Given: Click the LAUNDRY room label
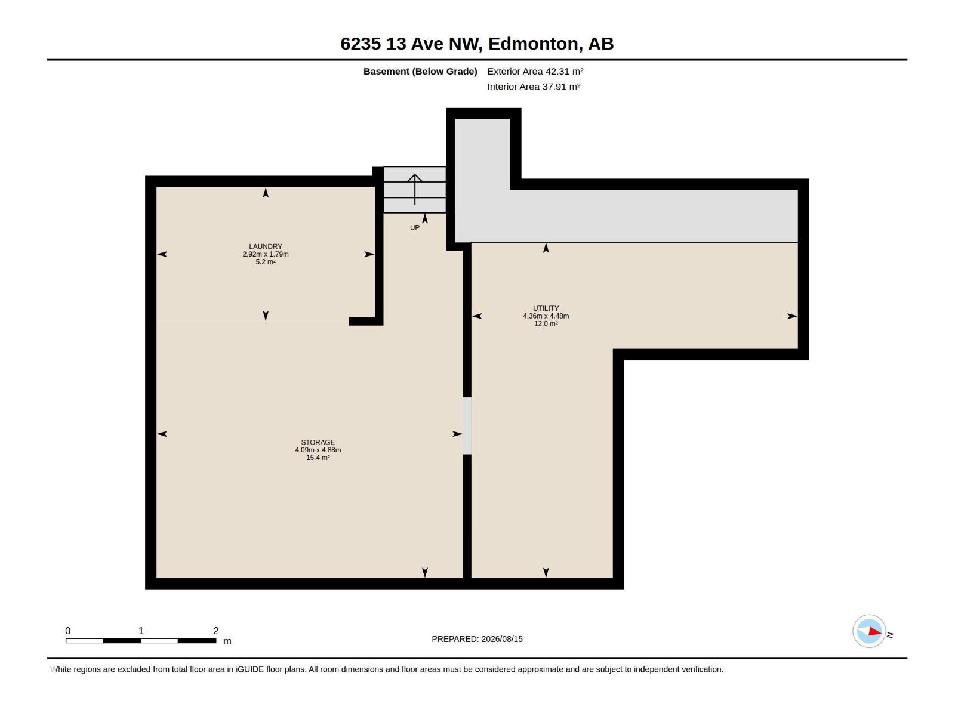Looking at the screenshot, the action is pos(266,246).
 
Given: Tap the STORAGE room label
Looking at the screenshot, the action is pos(318,443).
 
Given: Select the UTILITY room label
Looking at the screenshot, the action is pos(546,308).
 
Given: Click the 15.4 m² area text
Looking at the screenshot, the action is pos(318,458).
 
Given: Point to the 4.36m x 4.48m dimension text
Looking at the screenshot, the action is pos(546,316).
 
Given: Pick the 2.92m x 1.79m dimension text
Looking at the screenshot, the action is pos(266,254).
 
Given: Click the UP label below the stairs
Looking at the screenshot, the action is pos(415,228).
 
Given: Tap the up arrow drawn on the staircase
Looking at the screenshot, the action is pos(415,190).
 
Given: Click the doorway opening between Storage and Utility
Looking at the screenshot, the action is pos(467,426).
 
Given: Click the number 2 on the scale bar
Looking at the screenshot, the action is pos(216,631).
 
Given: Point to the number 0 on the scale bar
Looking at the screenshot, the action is pos(68,631).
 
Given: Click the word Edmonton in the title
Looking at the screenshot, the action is pos(535,44).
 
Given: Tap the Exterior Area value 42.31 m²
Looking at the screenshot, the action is pos(564,71).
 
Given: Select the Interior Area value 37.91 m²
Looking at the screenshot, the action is pos(561,87).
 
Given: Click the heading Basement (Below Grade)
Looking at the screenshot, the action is pos(420,71).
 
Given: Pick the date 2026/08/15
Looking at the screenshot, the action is pos(502,639).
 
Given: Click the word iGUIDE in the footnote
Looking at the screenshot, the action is pos(249,669).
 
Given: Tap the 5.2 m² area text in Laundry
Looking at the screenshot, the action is pos(266,262).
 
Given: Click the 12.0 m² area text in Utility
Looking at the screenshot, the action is pos(546,324).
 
